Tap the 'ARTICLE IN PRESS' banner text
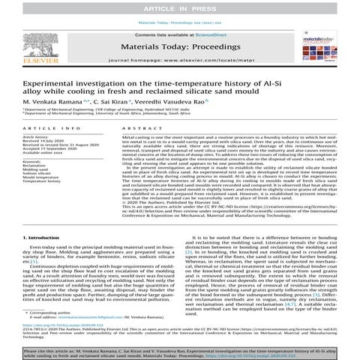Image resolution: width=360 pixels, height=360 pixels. [179, 7]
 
